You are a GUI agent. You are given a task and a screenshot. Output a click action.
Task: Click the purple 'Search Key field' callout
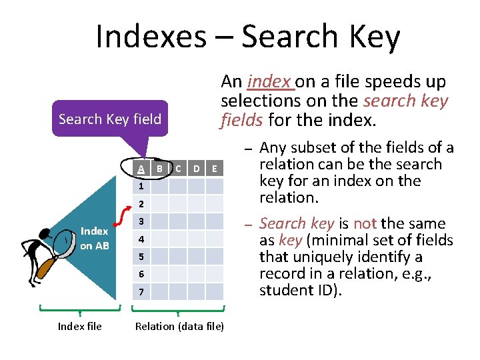(x=110, y=119)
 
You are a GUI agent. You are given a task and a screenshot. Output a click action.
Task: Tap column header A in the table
(x=141, y=169)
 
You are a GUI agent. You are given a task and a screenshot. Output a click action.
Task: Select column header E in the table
(x=214, y=169)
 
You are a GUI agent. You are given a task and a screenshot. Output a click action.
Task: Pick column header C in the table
(x=178, y=169)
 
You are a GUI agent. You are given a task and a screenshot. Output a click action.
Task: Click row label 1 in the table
(x=141, y=186)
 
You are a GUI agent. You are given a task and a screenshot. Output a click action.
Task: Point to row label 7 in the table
(x=141, y=291)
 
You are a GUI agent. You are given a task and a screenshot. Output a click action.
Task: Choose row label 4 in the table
(x=141, y=239)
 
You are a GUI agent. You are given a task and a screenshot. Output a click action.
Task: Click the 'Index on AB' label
(x=95, y=238)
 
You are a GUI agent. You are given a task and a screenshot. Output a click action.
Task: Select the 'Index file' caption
(x=80, y=326)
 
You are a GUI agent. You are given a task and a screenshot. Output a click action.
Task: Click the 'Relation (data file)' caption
(x=179, y=326)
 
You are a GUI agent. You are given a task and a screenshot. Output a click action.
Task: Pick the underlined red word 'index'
(x=269, y=82)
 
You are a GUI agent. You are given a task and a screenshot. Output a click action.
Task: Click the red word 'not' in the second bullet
(x=365, y=224)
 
